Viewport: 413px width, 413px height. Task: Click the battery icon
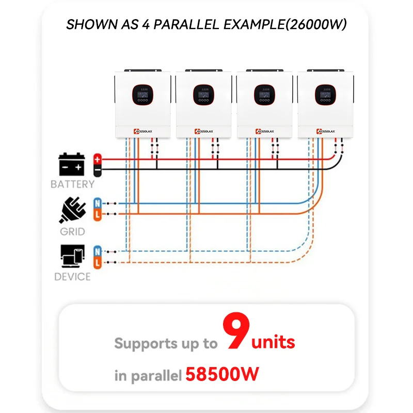pos(72,164)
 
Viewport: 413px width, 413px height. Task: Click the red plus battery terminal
pos(97,159)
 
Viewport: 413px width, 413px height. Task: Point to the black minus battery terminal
pos(97,169)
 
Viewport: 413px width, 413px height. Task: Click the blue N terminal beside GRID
pos(97,203)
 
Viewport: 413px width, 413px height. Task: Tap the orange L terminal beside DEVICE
pos(97,263)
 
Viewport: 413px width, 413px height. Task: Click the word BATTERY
pos(72,184)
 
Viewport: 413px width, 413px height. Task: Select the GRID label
pos(72,231)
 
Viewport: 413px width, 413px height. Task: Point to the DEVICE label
pos(72,277)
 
